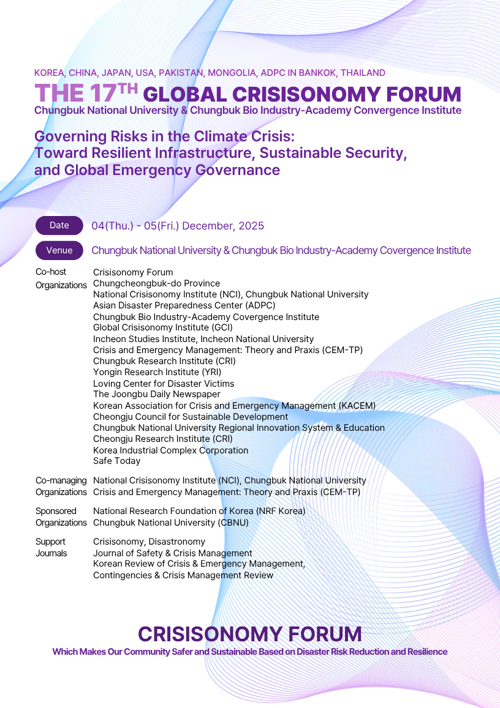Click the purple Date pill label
(59, 225)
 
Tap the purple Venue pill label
(59, 250)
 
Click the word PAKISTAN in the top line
(181, 73)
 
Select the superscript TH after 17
(128, 88)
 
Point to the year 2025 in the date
(251, 226)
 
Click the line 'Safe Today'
(116, 461)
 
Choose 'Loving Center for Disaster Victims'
(164, 384)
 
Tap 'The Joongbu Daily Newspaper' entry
(156, 395)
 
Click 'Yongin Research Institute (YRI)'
(157, 372)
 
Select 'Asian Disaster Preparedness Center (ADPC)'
(184, 305)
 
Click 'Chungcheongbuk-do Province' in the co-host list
(156, 283)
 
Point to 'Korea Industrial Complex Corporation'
(170, 450)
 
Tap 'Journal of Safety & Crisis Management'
(172, 553)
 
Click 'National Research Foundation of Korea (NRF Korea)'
(199, 511)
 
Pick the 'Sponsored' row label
(56, 511)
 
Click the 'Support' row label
(50, 542)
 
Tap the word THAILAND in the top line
(363, 73)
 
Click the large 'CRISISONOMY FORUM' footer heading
(249, 633)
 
